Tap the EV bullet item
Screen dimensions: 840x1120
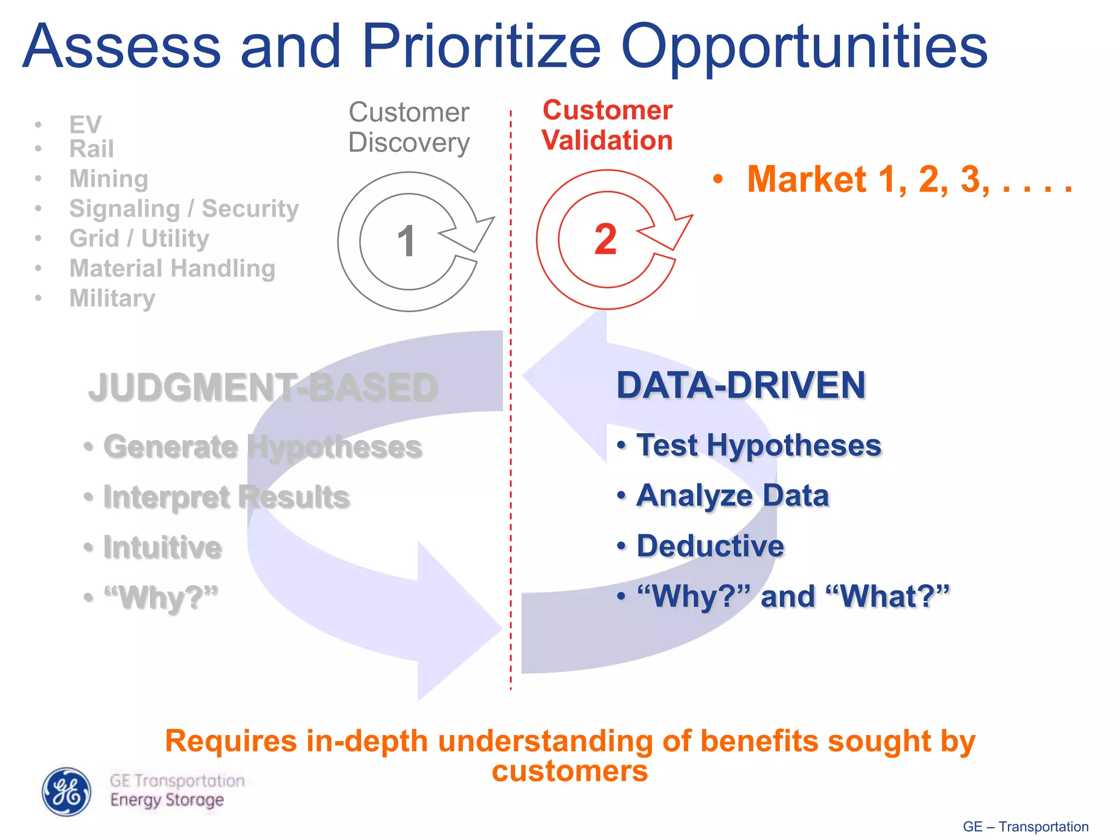tap(85, 125)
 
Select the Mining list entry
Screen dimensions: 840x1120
tap(108, 179)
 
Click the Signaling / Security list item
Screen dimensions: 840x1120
tap(184, 208)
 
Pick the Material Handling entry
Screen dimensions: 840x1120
tap(172, 269)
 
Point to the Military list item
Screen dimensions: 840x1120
tap(112, 299)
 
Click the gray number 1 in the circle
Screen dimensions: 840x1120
tap(406, 241)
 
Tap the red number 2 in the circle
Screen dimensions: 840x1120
tap(605, 239)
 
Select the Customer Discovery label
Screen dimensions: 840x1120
tap(409, 127)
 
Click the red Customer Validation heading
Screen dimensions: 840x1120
tap(607, 125)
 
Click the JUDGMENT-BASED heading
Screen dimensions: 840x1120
tap(263, 387)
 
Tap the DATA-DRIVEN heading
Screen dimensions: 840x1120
tap(741, 385)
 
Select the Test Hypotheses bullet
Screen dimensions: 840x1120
tap(759, 445)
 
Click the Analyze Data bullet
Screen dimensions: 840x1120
tap(732, 495)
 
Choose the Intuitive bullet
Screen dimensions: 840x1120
tap(162, 547)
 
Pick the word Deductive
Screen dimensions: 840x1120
tap(710, 546)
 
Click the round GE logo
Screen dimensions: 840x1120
tap(67, 791)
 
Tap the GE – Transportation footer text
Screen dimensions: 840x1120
tap(1025, 826)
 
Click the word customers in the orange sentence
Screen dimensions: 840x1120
tap(569, 771)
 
